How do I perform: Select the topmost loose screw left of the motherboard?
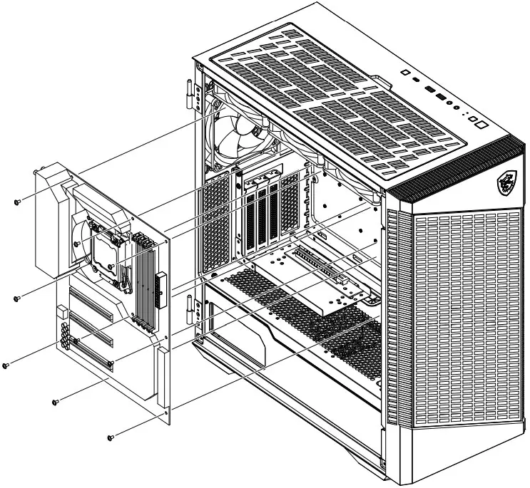click(x=17, y=202)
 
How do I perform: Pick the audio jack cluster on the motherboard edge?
click(x=66, y=336)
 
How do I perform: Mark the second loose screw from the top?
click(x=16, y=298)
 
